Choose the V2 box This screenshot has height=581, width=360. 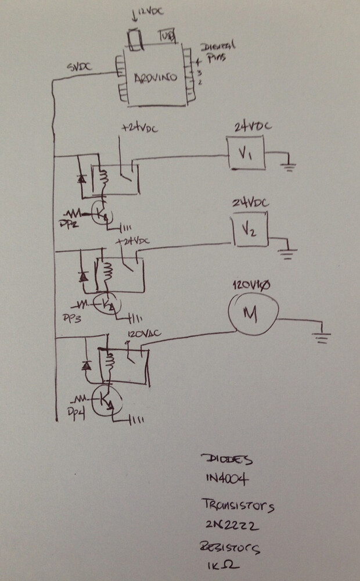click(249, 231)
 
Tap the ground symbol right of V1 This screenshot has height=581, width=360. click(287, 167)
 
